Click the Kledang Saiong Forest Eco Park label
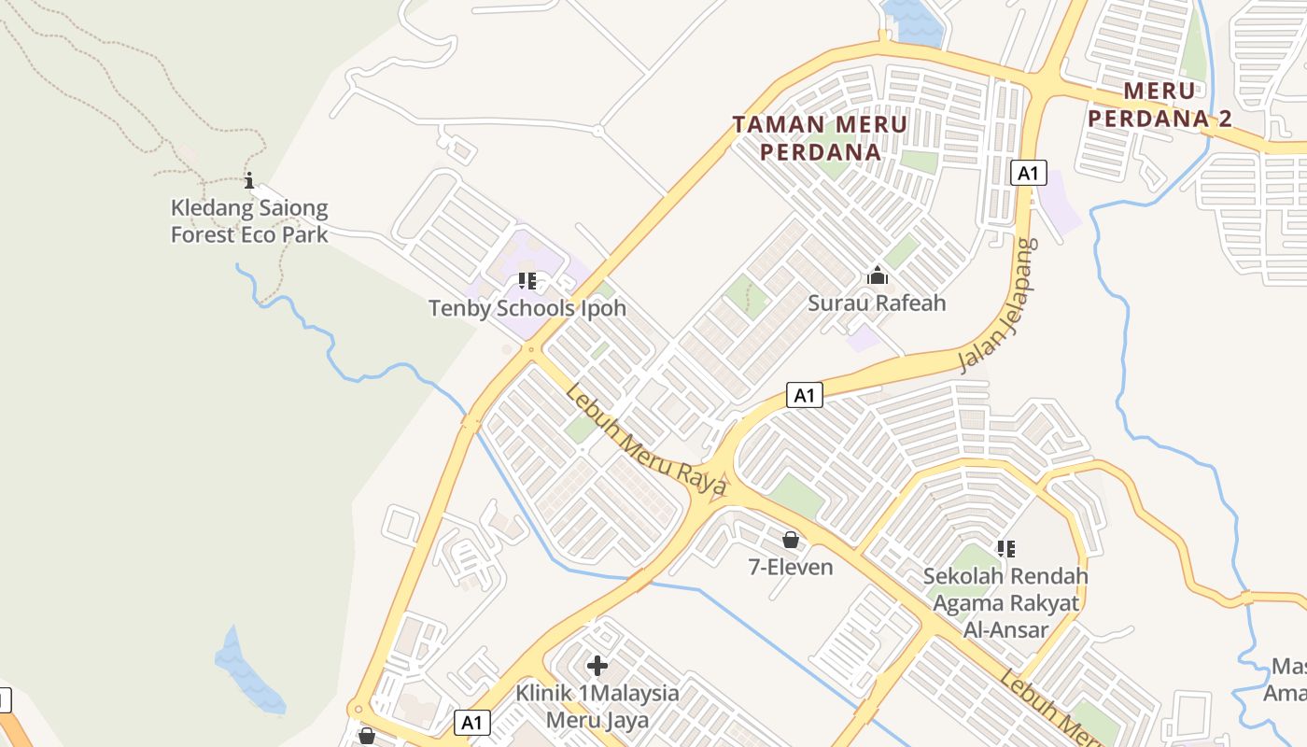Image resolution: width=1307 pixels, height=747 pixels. (x=249, y=221)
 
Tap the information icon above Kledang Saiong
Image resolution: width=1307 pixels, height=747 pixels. (x=249, y=180)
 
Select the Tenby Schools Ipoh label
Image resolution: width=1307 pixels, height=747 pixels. (x=527, y=308)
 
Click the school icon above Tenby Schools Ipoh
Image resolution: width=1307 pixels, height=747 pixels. (x=527, y=280)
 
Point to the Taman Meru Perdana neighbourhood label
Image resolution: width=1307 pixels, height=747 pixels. (x=820, y=137)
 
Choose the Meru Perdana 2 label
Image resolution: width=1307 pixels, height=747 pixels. (x=1159, y=105)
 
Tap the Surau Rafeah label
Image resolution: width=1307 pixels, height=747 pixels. (x=877, y=303)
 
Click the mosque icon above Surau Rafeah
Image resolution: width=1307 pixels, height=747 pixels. (x=877, y=275)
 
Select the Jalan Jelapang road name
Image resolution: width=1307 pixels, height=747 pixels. (x=1000, y=305)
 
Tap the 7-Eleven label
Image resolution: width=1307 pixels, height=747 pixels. (x=791, y=566)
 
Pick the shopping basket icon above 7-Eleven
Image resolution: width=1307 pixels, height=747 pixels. (x=791, y=540)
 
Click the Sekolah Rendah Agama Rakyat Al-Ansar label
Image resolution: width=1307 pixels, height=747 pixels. (x=1005, y=602)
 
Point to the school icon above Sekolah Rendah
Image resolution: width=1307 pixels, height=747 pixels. (x=1005, y=548)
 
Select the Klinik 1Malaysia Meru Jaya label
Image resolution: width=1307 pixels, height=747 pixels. (x=597, y=707)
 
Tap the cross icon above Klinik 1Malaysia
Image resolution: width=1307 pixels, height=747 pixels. (x=597, y=666)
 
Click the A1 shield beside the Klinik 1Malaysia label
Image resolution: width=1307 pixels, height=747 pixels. (x=473, y=722)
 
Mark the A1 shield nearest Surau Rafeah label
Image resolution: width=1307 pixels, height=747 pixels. (x=805, y=395)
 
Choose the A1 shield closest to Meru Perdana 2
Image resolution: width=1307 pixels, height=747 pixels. (x=1028, y=173)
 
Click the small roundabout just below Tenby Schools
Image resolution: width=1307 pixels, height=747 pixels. (x=531, y=350)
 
